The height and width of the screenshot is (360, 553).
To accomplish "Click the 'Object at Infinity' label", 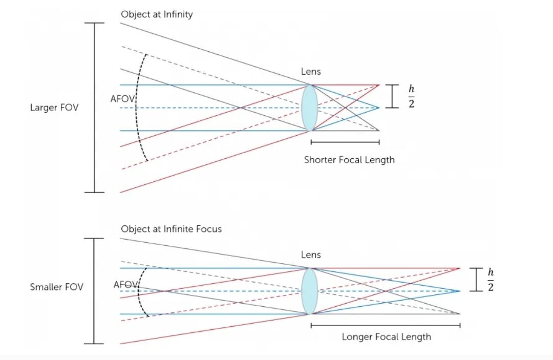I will pyautogui.click(x=157, y=14).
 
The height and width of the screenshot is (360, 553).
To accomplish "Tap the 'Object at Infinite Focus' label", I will pyautogui.click(x=171, y=229).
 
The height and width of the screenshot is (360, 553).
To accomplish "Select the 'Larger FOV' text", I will pyautogui.click(x=54, y=108).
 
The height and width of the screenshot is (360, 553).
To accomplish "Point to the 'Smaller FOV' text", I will pyautogui.click(x=56, y=287).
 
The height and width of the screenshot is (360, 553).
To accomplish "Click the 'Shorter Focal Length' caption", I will pyautogui.click(x=349, y=160).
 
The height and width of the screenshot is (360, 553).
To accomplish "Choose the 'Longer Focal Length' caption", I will pyautogui.click(x=386, y=336).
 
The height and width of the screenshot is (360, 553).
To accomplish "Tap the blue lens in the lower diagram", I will pyautogui.click(x=309, y=291).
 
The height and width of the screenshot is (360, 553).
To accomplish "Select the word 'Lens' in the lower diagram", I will pyautogui.click(x=311, y=255).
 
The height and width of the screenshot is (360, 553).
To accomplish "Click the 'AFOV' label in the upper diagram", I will pyautogui.click(x=122, y=98).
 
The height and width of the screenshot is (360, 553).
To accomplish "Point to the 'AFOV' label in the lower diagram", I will pyautogui.click(x=125, y=284).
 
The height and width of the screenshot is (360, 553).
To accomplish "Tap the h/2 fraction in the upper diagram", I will pyautogui.click(x=411, y=96).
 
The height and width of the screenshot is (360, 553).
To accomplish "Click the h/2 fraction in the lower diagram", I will pyautogui.click(x=491, y=279).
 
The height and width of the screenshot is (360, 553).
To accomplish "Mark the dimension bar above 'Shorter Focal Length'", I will pyautogui.click(x=345, y=142).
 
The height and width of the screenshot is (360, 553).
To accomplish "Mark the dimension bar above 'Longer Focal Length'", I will pyautogui.click(x=386, y=325).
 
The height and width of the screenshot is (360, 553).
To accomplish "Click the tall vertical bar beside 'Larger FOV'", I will pyautogui.click(x=94, y=108).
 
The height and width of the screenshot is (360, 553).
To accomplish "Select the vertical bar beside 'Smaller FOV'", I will pyautogui.click(x=94, y=291).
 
